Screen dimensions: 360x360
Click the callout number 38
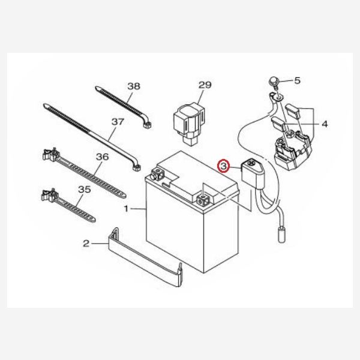(133, 86)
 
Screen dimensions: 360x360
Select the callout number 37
(118, 121)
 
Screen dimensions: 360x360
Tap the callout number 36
(101, 157)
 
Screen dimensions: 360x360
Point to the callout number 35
(85, 189)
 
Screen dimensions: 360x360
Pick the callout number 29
(205, 85)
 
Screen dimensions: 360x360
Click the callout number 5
(296, 80)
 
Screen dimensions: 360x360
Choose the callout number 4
(325, 125)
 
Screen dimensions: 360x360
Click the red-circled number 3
(223, 165)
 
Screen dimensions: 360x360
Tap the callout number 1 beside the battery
(126, 209)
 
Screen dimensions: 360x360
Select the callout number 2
(86, 243)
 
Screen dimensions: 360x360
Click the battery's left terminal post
(158, 175)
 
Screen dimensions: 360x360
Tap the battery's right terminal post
(204, 196)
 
